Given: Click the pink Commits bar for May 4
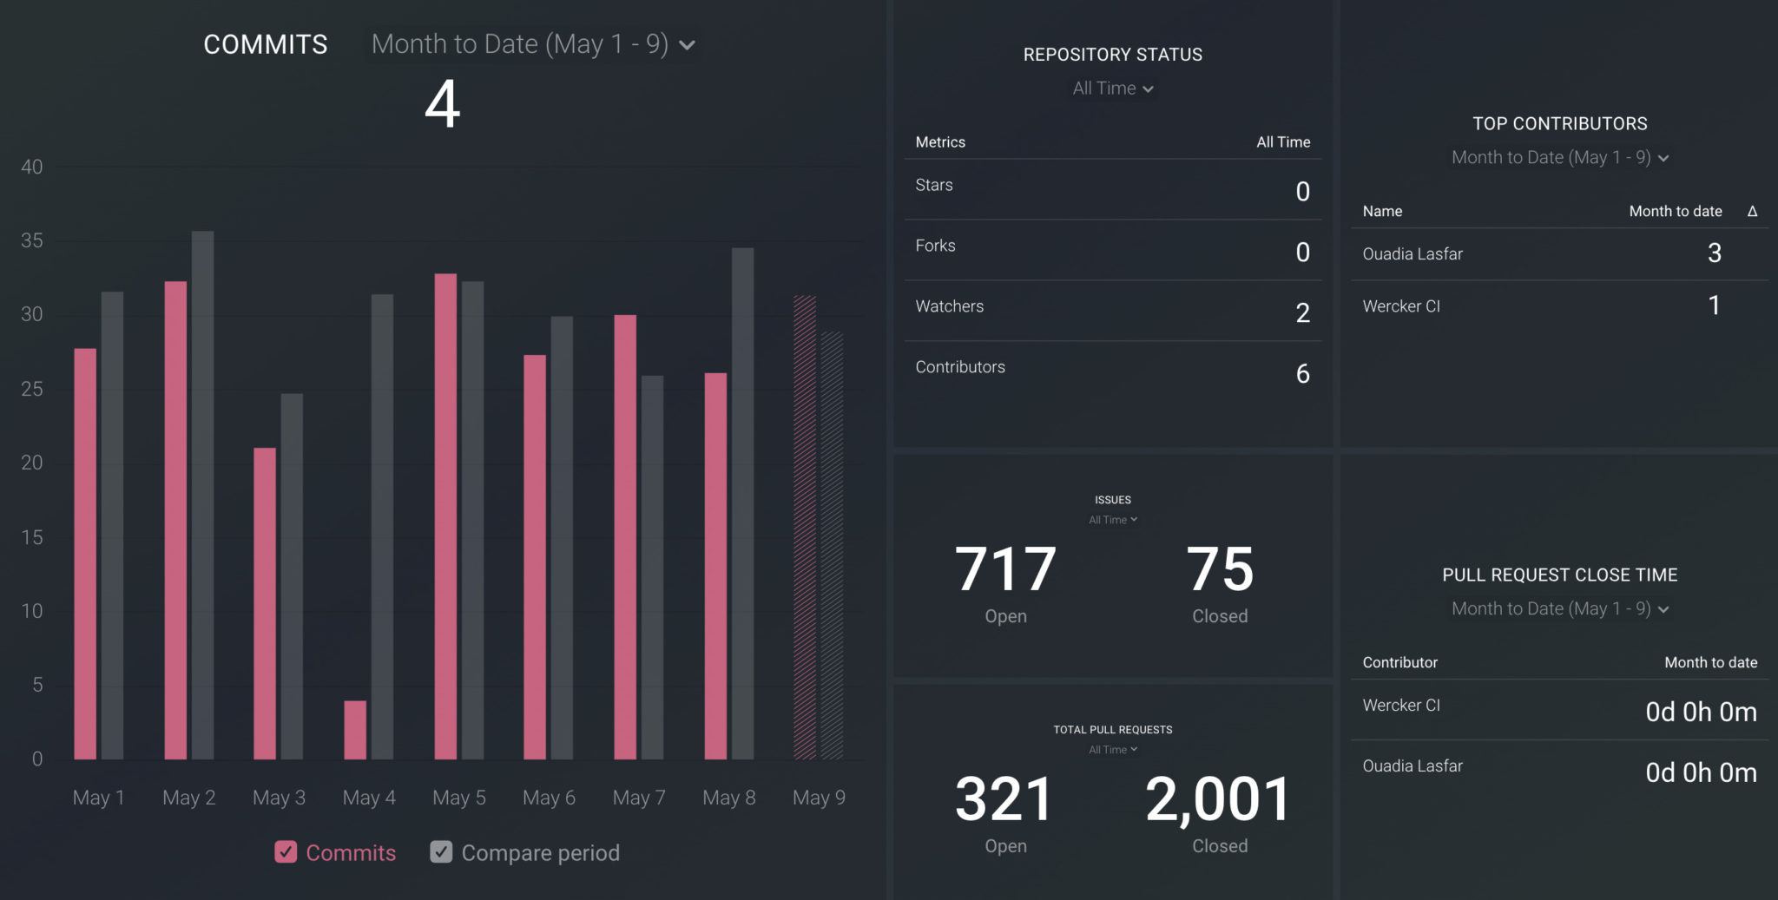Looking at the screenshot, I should pos(355,730).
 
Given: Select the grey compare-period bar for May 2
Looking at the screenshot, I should pos(202,495).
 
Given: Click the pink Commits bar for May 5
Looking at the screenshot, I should pos(445,516).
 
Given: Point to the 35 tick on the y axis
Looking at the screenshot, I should pos(32,240).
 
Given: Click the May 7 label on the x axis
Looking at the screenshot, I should pos(639,798).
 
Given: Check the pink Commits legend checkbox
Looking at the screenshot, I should pos(286,852).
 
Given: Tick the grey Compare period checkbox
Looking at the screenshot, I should pos(441,852).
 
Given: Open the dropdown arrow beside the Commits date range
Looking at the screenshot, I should pos(687,45).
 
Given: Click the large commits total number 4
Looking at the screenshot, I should pos(442,104).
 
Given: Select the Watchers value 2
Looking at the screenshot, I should pos(1302,312).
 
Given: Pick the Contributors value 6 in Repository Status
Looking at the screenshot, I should pos(1302,373).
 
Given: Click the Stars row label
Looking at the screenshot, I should pos(934,185).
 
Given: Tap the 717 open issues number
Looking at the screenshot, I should pos(1005,569).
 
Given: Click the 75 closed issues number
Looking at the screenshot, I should pos(1220,569).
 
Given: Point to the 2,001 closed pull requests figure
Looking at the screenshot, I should pos(1219,799).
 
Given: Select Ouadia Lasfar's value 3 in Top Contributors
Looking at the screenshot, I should pos(1714,253).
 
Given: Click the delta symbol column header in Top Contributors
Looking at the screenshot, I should pos(1752,211).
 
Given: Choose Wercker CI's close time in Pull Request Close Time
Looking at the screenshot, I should pos(1701,712).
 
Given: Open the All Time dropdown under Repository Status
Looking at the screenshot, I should pos(1113,89).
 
